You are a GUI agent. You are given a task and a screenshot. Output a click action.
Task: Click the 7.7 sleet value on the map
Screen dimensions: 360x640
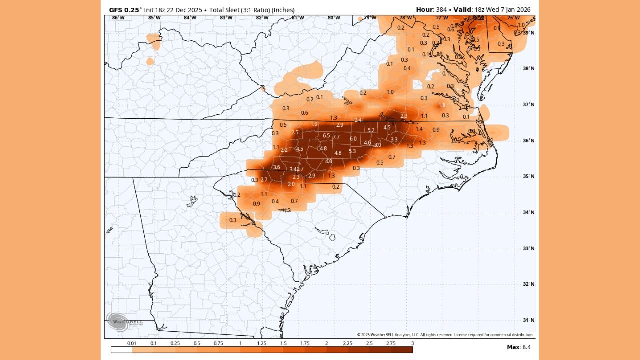pos(336,137)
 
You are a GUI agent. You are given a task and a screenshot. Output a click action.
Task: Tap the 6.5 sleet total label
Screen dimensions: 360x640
pos(326,136)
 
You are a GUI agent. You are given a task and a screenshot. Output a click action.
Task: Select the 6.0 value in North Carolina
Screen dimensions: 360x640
pos(353,139)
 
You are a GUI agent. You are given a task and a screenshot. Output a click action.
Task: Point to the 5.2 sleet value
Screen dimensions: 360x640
pos(371,130)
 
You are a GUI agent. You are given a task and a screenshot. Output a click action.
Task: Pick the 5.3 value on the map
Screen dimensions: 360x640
pos(352,151)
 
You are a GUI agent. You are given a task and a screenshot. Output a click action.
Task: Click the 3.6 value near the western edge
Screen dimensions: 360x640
pos(276,167)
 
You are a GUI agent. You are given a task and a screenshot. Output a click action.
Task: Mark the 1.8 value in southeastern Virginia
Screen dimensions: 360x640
pos(442,106)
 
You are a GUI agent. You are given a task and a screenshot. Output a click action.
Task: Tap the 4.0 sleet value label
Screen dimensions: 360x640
pos(329,162)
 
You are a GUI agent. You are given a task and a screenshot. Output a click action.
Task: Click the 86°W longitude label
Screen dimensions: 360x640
pos(118,18)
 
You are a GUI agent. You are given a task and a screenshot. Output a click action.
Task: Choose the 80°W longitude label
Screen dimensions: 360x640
pos(334,18)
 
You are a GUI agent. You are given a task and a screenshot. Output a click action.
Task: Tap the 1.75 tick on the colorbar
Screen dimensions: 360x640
pos(305,343)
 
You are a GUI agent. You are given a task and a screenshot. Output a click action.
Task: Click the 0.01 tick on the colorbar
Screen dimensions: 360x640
pos(132,343)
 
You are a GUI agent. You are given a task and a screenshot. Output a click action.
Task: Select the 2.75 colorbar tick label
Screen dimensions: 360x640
pos(391,343)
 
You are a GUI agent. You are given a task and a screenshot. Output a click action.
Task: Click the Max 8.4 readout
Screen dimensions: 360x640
pos(519,347)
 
